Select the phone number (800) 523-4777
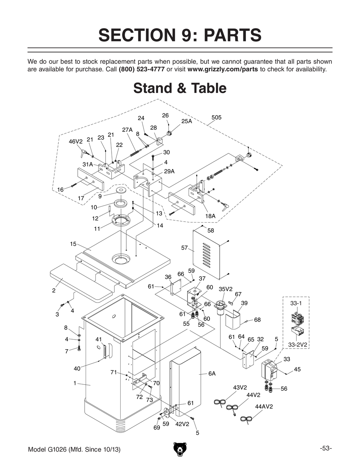[141, 69]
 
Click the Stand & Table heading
[180, 88]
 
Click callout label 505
[216, 118]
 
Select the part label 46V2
[76, 142]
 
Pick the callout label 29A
[169, 171]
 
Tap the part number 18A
[210, 216]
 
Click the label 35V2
[226, 289]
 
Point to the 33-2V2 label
[298, 345]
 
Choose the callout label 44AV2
[264, 407]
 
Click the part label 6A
[212, 374]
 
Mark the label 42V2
[182, 424]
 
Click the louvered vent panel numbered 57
[206, 254]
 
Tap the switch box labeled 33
[270, 371]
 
